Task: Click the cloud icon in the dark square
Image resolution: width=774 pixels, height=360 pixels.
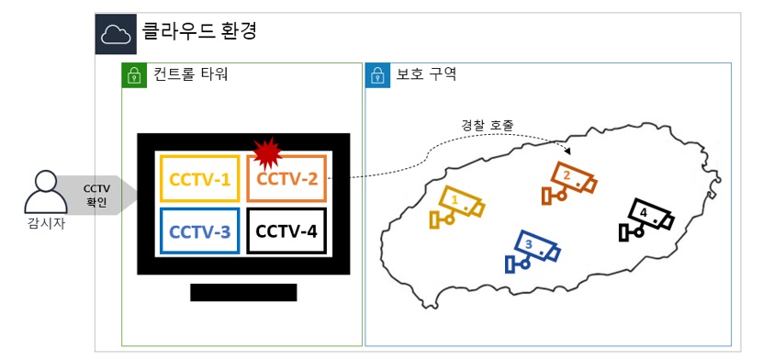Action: [116, 35]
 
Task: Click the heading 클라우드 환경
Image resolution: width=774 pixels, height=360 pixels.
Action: [199, 31]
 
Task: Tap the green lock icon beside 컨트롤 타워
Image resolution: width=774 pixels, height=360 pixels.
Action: [134, 75]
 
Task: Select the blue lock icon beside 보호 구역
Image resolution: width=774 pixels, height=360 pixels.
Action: [377, 75]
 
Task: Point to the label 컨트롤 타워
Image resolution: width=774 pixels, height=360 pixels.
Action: [190, 74]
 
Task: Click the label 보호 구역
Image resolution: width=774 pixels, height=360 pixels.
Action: [426, 74]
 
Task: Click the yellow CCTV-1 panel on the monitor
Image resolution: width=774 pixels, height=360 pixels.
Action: [199, 179]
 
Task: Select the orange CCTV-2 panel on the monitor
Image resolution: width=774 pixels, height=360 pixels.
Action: [286, 179]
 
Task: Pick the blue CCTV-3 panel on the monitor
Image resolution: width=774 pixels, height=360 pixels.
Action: [199, 231]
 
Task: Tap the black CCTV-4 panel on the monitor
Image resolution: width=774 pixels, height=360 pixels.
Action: [286, 231]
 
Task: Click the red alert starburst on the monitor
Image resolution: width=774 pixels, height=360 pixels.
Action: [267, 153]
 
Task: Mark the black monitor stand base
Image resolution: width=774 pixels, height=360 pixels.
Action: [243, 292]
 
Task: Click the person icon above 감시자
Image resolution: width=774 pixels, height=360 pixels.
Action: [46, 192]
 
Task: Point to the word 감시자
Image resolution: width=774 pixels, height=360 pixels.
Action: [46, 225]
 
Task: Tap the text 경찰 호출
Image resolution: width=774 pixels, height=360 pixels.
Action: [488, 125]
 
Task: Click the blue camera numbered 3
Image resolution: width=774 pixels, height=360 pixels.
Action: [533, 251]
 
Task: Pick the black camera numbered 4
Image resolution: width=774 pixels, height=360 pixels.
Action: [646, 219]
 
